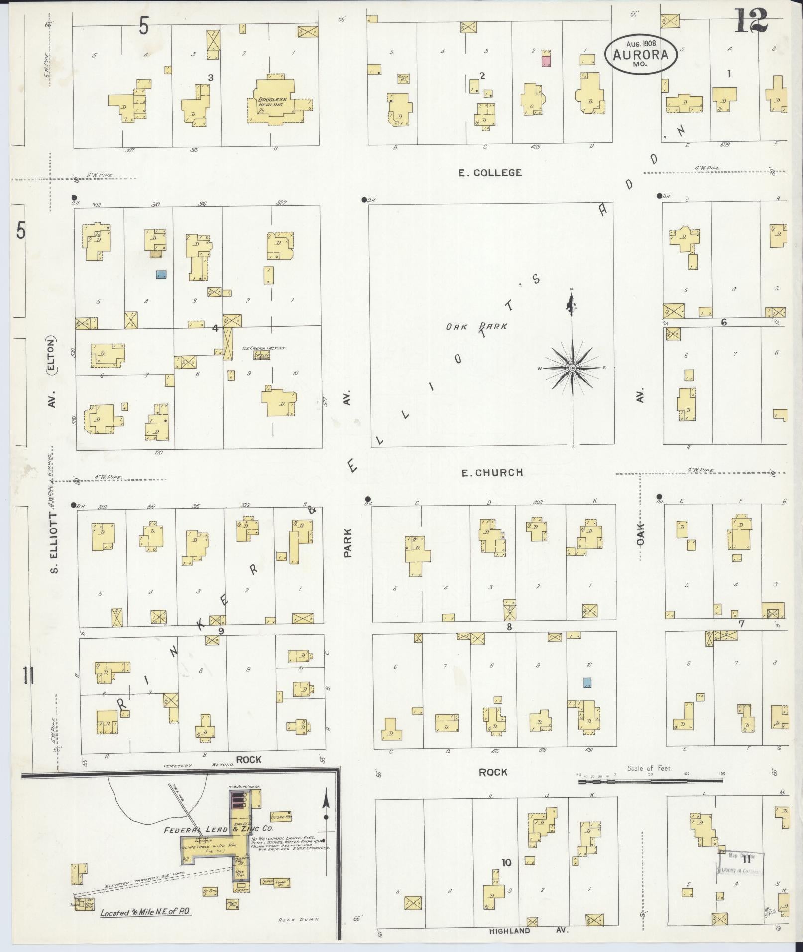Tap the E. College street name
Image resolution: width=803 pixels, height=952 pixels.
[490, 173]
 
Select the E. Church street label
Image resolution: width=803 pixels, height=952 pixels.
[492, 473]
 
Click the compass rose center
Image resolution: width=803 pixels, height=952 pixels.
[572, 368]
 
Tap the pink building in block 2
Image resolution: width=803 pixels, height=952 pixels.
[546, 61]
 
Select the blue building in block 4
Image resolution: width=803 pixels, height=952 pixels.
[161, 274]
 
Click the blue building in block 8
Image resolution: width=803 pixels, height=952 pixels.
[587, 682]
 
